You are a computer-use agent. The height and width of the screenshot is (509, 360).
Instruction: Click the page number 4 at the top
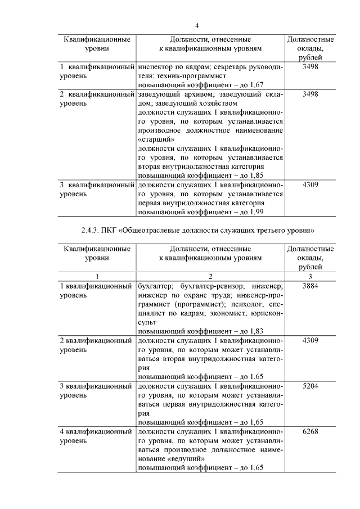pos(197,25)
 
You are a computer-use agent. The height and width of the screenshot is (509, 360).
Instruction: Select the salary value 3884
pos(310,286)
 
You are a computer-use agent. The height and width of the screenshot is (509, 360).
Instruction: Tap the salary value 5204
pos(310,388)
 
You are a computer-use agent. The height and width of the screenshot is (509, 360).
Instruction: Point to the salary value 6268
pos(310,432)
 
